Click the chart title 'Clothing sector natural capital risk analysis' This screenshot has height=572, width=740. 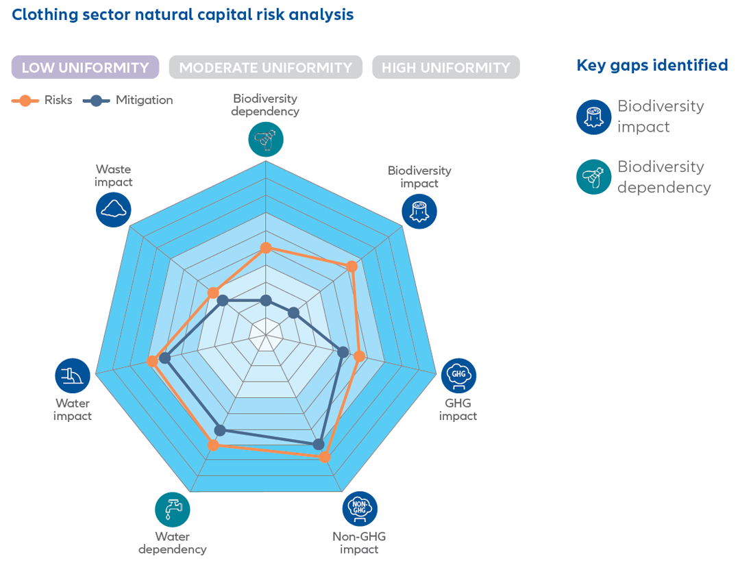[x=182, y=14]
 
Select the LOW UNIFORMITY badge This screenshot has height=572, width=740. [x=85, y=68]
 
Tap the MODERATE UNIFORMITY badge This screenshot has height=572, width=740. [x=265, y=68]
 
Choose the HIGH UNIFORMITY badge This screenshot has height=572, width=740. [x=445, y=68]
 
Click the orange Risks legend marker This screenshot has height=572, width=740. [x=25, y=101]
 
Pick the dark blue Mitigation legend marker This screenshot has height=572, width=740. [x=97, y=101]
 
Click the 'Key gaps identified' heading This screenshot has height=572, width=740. [x=652, y=66]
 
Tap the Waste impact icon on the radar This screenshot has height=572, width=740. [x=113, y=210]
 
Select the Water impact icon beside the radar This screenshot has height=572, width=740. [x=73, y=375]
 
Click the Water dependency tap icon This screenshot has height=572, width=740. [x=173, y=510]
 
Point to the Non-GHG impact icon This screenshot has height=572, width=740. [x=360, y=509]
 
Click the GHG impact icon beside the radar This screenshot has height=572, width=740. [x=458, y=375]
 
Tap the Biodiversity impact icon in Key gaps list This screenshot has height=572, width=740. [x=593, y=117]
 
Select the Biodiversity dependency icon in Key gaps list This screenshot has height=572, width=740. [x=593, y=177]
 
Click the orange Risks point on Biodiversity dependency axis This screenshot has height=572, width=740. [x=266, y=248]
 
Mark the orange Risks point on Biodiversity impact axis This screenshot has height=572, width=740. [x=352, y=266]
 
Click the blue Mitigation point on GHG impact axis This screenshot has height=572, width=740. [x=343, y=352]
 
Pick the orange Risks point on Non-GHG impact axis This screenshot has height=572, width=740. [x=325, y=457]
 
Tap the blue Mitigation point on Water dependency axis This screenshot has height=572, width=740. [x=220, y=430]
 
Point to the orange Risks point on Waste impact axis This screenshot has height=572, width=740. [x=213, y=293]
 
